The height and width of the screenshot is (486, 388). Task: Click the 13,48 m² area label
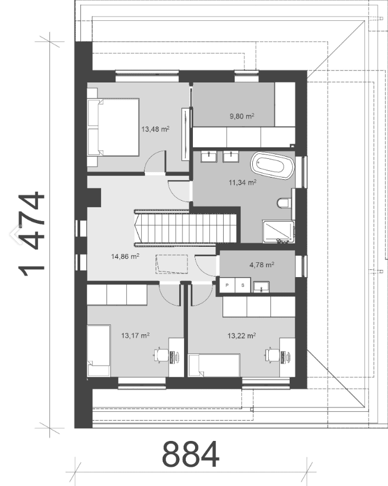[156, 129]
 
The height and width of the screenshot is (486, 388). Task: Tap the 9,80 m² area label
[242, 116]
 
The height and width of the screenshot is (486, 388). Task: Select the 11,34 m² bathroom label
[242, 183]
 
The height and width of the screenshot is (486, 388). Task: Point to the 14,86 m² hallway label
[125, 256]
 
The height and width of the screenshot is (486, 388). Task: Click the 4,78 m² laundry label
[262, 264]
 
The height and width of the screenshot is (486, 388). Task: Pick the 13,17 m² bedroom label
[135, 335]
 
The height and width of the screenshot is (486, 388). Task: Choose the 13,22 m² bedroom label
[241, 335]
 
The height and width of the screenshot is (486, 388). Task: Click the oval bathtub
[271, 165]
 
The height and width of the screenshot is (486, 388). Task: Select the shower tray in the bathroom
[278, 231]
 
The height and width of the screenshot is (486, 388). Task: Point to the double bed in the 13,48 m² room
[113, 128]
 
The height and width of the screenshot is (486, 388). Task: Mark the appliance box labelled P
[227, 285]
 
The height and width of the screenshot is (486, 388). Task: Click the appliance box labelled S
[243, 285]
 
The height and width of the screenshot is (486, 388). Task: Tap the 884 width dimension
[190, 454]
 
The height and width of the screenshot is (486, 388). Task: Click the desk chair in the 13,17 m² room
[161, 355]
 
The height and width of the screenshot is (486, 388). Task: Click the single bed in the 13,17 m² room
[99, 351]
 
